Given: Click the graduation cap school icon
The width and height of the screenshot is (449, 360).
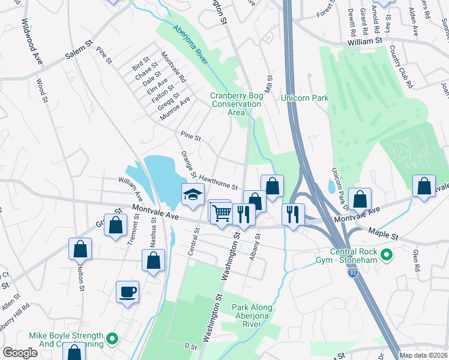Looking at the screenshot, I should (193, 195).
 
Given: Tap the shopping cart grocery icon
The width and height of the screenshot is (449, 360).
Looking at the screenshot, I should (221, 212).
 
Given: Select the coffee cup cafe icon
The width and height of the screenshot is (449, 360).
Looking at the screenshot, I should (127, 292).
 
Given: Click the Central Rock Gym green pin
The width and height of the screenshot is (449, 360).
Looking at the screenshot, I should (386, 256).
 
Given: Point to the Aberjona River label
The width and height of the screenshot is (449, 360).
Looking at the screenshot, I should (190, 45).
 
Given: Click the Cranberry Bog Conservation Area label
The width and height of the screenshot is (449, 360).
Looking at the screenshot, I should (236, 104).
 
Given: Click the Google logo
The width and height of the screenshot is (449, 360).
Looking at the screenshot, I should (20, 353).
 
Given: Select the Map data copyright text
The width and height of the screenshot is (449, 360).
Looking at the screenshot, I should (424, 355).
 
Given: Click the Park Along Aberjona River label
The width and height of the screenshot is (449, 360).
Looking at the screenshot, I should (252, 316).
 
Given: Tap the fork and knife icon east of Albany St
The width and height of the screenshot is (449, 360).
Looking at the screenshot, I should (293, 214).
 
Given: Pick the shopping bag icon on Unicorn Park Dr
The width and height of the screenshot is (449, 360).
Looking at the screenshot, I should (360, 199).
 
